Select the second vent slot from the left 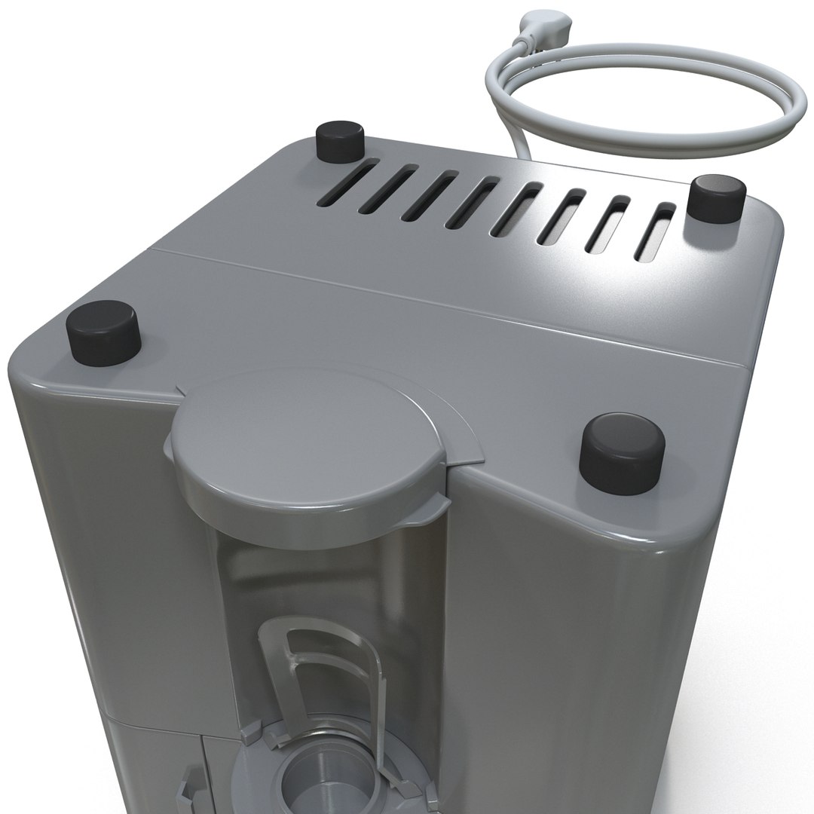tap(386, 192)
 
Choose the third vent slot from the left tap(430, 197)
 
